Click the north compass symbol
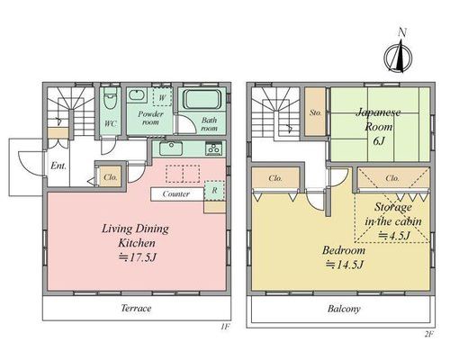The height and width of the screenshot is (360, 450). click(399, 56)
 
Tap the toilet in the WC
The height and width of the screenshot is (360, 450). click(110, 98)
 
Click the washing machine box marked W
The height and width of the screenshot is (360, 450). click(162, 96)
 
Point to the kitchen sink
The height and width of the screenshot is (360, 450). click(171, 148)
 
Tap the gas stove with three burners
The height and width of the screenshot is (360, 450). click(214, 148)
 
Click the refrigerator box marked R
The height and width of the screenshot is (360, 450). click(214, 190)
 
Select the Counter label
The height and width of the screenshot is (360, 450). click(176, 194)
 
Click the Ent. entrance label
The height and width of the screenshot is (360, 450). click(58, 166)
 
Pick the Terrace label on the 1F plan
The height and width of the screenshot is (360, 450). click(136, 308)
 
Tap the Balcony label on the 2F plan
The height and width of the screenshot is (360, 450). click(344, 309)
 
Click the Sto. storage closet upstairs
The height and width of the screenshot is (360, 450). click(315, 112)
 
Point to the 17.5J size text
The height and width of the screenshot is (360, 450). click(138, 257)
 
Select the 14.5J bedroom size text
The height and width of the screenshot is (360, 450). click(345, 265)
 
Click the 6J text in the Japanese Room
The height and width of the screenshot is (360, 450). click(379, 140)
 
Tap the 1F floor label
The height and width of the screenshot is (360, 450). click(225, 327)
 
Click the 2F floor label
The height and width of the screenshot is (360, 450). click(429, 334)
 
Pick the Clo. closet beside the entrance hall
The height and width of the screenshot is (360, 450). click(111, 177)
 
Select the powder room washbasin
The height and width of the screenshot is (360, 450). click(138, 94)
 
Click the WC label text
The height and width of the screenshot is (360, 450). click(111, 123)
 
